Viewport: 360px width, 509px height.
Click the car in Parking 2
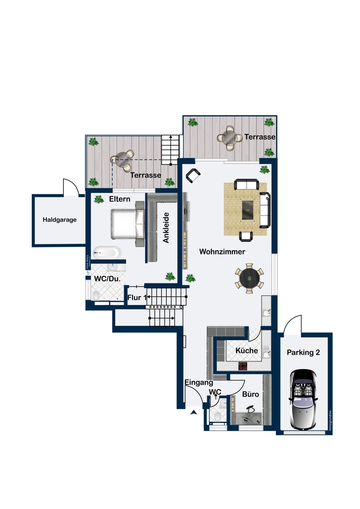(x=303, y=399)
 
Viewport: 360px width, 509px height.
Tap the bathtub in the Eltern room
(x=107, y=252)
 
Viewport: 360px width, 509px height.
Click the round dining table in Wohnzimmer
(x=250, y=278)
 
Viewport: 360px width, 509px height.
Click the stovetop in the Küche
(x=242, y=366)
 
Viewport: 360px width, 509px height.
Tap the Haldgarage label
(x=59, y=220)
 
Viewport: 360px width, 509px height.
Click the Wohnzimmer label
(x=222, y=251)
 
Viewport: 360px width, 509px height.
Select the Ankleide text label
(x=166, y=227)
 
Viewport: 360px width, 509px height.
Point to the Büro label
(x=251, y=394)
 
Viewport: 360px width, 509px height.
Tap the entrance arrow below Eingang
(x=194, y=412)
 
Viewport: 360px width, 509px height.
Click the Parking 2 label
(x=303, y=352)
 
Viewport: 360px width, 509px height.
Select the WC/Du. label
(x=107, y=279)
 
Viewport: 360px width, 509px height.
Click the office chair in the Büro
(x=251, y=409)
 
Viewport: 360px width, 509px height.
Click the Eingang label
(x=199, y=382)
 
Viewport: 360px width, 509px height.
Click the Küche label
(x=247, y=351)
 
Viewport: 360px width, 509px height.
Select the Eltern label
(x=120, y=199)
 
